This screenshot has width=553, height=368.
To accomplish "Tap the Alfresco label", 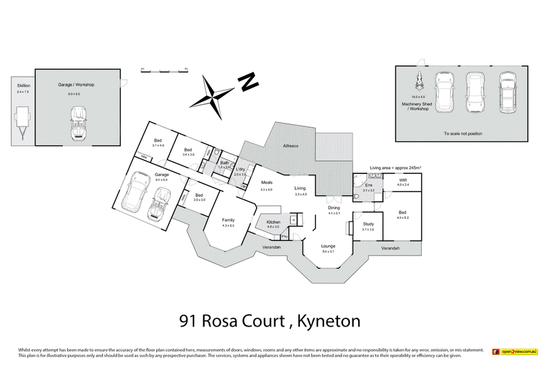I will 291,146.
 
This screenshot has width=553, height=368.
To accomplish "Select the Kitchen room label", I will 273,222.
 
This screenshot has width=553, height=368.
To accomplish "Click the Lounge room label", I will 328,246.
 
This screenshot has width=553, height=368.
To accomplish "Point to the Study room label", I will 368,224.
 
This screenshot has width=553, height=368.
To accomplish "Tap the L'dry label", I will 241,170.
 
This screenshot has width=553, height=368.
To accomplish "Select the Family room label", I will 229,221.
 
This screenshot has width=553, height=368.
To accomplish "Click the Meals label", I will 266,184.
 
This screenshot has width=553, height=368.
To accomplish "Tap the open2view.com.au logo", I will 514,351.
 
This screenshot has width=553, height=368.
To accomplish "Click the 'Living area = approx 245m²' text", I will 395,167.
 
